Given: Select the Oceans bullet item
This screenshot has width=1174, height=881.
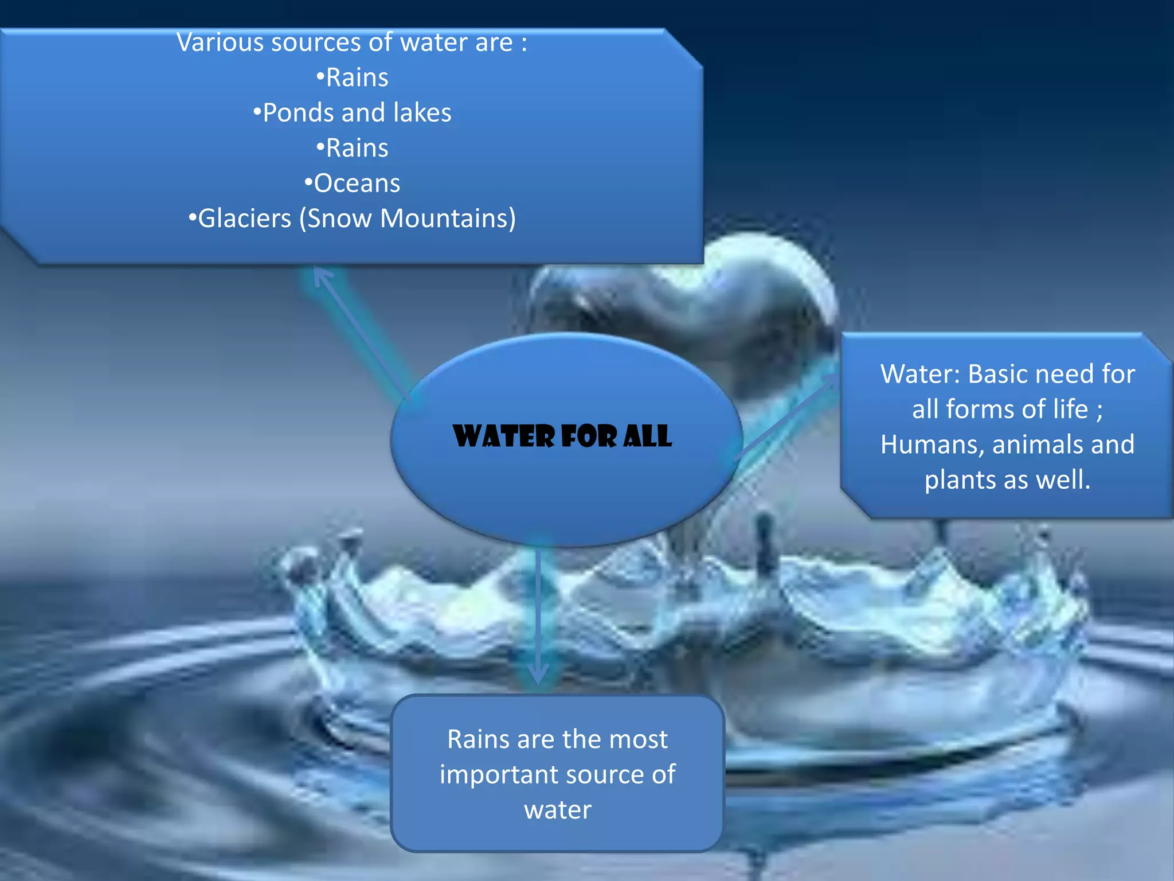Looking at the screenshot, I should coord(352,184).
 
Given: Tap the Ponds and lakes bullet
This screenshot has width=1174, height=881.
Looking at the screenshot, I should coord(352,113).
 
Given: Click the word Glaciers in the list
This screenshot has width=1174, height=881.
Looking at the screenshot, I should coord(244,219).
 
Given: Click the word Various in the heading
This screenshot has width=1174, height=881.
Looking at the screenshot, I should coord(220,42).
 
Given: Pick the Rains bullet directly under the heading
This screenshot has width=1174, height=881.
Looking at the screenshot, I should coord(352,77).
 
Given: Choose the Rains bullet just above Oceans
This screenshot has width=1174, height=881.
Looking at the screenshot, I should coord(352,148).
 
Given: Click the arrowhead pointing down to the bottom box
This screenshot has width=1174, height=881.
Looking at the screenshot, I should coord(538,674).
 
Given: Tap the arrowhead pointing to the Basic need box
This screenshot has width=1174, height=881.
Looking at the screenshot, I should coord(830,381).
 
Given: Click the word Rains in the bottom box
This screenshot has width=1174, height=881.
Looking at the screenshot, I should coord(478,739).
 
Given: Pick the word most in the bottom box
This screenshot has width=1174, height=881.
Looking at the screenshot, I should coord(638,739).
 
